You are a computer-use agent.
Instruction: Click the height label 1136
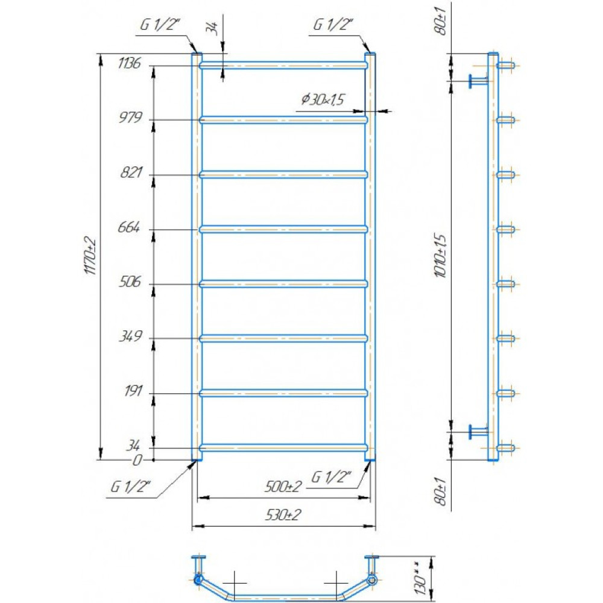coord(130,63)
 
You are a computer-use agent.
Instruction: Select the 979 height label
coord(131,118)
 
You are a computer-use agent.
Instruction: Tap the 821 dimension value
coord(131,172)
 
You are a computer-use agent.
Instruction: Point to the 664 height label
coord(129,227)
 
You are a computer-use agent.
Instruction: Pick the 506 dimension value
coord(130,282)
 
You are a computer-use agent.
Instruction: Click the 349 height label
coord(131,336)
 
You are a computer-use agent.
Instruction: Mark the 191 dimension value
coord(133,391)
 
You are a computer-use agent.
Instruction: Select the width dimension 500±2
coord(283,487)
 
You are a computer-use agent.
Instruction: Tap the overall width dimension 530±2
coord(283,514)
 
